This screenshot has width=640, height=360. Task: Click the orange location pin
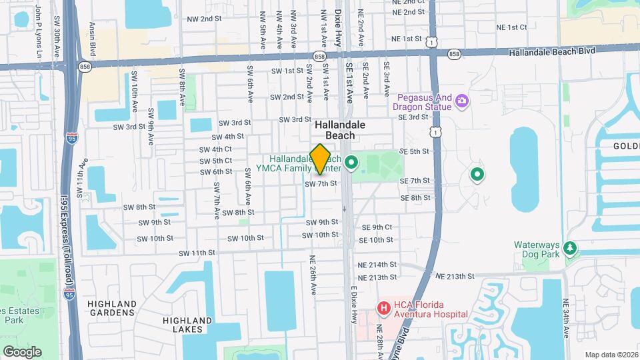pyautogui.click(x=321, y=159)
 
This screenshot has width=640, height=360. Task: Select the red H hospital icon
pyautogui.click(x=383, y=308)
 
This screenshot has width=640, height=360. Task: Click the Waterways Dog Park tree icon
pyautogui.click(x=569, y=249)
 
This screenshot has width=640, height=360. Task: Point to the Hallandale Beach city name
pyautogui.click(x=335, y=130)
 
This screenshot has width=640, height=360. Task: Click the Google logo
pyautogui.click(x=22, y=351)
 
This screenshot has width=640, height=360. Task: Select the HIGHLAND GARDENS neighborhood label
pyautogui.click(x=112, y=308)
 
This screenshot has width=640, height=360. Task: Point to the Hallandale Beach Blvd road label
pyautogui.click(x=551, y=52)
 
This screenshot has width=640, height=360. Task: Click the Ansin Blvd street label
pyautogui.click(x=93, y=37)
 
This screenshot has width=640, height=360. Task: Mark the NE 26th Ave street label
pyautogui.click(x=312, y=273)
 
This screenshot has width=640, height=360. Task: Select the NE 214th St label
pyautogui.click(x=377, y=265)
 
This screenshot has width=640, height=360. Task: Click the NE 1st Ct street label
pyautogui.click(x=511, y=27)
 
